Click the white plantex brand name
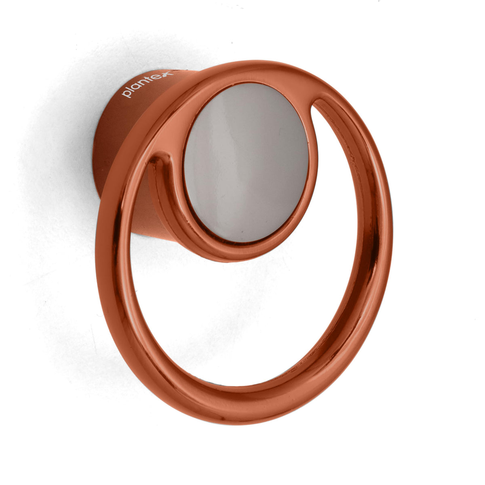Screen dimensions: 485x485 click(x=147, y=84)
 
